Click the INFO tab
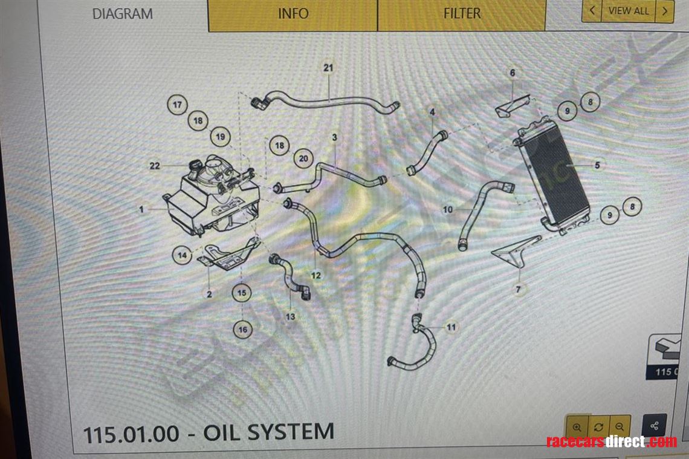point(293,14)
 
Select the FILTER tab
point(462,14)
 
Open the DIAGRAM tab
point(123,14)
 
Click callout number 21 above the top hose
point(328,68)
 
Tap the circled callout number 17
point(177,105)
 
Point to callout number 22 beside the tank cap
point(155,166)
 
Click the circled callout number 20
point(303,159)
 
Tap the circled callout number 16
point(242,330)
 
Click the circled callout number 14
point(182,255)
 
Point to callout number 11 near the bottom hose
point(451,327)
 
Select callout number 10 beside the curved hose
point(448,210)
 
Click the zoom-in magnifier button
point(577,426)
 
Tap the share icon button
point(654,426)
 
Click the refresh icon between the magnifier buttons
point(598,426)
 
